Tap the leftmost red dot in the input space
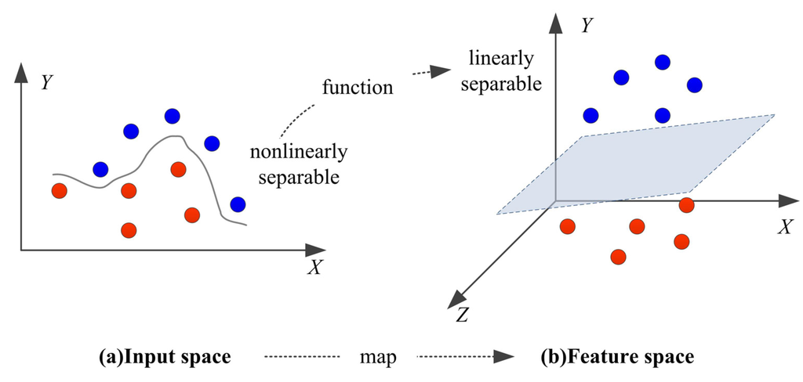pos(59,190)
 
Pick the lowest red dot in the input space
pos(129,230)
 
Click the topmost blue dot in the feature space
pos(663,61)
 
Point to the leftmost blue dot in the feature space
pos(590,115)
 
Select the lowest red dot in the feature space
pos(618,256)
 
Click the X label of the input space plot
pos(314,268)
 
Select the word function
pos(358,87)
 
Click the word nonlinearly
pos(299,151)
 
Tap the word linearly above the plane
pos(500,59)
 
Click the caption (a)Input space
pos(165,358)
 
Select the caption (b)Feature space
pos(617,358)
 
